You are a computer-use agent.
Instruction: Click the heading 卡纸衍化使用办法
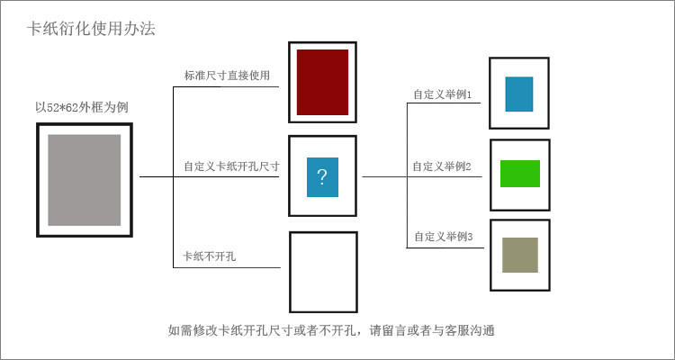coord(91,29)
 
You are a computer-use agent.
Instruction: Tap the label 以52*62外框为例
coord(88,107)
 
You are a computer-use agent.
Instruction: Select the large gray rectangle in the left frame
coord(84,180)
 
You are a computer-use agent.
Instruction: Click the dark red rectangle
coord(322,82)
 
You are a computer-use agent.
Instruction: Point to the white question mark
coord(322,176)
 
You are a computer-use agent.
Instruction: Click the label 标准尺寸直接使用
coord(227,76)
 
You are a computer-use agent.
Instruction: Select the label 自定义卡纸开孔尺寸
coord(231,166)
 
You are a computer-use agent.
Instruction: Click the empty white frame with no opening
coord(323,272)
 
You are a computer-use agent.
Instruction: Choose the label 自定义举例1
coord(443,94)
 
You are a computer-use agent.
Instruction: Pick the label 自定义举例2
coord(443,166)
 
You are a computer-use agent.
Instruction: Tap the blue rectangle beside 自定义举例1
coord(519,94)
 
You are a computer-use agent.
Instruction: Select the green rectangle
coord(519,173)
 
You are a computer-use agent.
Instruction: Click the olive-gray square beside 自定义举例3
coord(519,255)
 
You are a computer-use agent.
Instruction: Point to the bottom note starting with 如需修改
coord(331,330)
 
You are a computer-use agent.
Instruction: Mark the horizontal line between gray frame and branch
coord(155,177)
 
